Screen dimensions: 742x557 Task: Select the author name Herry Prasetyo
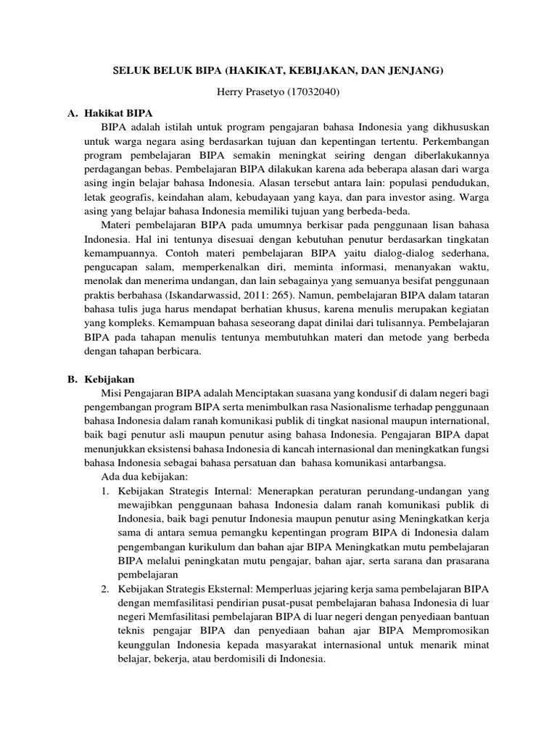coord(246,93)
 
